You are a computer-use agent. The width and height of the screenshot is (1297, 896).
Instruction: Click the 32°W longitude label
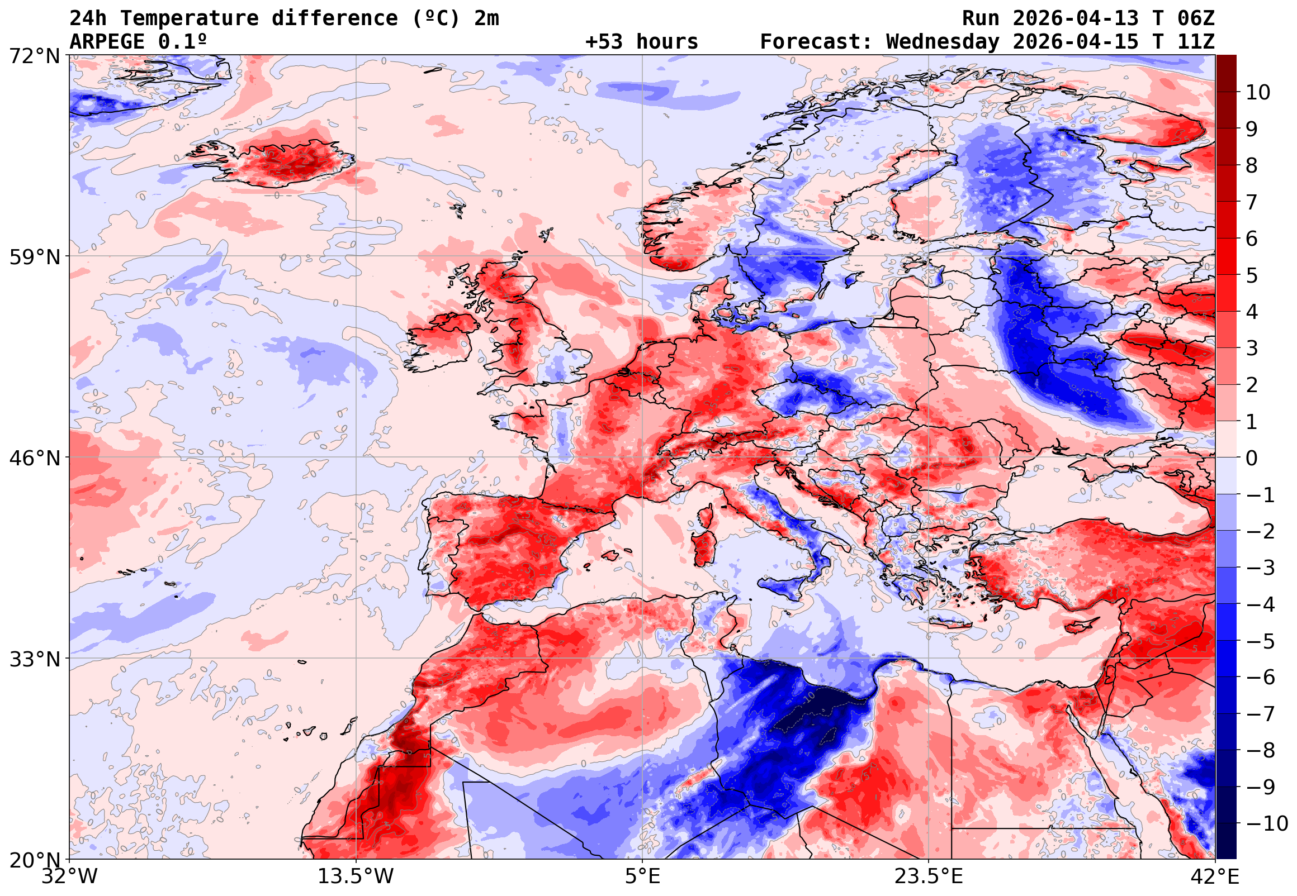click(70, 876)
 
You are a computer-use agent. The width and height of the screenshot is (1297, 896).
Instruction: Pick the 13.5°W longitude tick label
click(356, 876)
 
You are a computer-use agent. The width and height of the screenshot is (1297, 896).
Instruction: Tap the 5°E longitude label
click(642, 876)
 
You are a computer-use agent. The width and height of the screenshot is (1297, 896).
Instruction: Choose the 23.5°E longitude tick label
click(929, 876)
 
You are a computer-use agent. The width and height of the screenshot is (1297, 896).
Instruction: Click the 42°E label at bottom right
click(1215, 876)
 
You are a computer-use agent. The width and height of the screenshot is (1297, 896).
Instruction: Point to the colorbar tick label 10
click(1257, 93)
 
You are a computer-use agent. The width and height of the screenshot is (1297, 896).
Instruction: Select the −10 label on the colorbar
click(1267, 823)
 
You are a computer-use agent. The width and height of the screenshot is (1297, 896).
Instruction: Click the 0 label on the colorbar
click(1252, 459)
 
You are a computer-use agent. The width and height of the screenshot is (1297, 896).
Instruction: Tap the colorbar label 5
click(1252, 275)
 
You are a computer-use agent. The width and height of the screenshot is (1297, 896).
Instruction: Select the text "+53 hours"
click(641, 41)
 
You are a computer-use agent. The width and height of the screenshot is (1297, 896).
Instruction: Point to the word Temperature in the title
click(189, 18)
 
